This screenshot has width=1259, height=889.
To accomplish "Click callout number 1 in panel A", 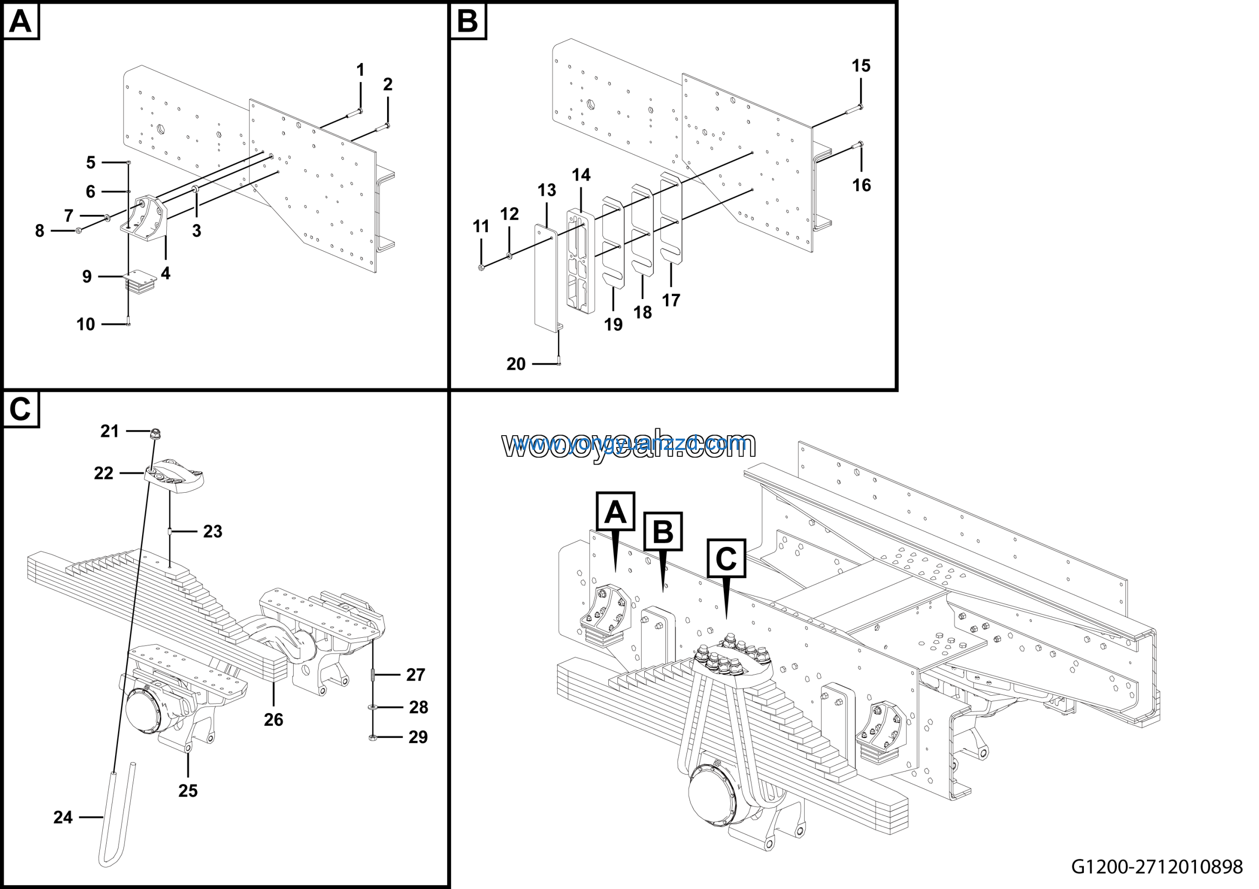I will [360, 70].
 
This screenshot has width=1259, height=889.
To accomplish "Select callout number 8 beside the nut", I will [39, 231].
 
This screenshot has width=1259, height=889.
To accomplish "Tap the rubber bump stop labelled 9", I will [140, 280].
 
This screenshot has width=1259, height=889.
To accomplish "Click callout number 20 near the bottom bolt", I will [516, 364].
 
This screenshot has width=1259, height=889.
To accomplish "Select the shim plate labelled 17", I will [671, 219].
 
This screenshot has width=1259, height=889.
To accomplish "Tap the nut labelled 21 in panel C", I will [155, 434].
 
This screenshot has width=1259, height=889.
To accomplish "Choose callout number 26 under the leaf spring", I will [273, 719].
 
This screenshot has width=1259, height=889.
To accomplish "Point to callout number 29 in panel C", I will [419, 737].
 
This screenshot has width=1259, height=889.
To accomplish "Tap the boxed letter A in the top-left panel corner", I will [21, 22].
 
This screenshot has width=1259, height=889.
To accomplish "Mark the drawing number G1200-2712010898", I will [1157, 866].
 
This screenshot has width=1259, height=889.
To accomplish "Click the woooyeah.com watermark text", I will [629, 444].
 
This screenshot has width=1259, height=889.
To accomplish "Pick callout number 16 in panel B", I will [862, 185].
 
